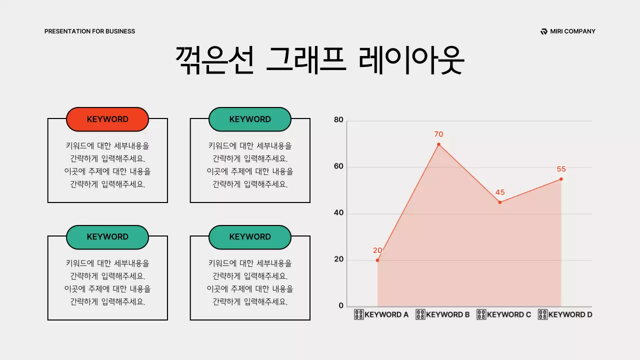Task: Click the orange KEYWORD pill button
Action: (x=107, y=119)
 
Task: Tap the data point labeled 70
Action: (x=438, y=144)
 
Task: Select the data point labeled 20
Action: (x=377, y=260)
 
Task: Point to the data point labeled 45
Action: (x=499, y=202)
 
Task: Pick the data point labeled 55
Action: (x=561, y=179)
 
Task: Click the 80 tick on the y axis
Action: (x=338, y=120)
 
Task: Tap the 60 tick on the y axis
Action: (x=338, y=166)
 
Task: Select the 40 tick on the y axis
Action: (x=338, y=213)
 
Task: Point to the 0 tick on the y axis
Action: (x=341, y=305)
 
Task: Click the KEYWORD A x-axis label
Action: (x=381, y=315)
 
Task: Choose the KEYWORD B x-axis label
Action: (x=443, y=315)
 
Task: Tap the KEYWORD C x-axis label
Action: (x=504, y=315)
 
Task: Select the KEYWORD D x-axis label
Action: (x=565, y=315)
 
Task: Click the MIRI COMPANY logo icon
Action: (x=544, y=31)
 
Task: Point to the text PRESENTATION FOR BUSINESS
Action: (x=89, y=31)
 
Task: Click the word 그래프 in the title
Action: (x=306, y=60)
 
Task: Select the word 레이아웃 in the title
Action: (x=411, y=60)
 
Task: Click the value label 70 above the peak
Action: (x=438, y=134)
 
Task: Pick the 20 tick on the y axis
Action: (x=338, y=259)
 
